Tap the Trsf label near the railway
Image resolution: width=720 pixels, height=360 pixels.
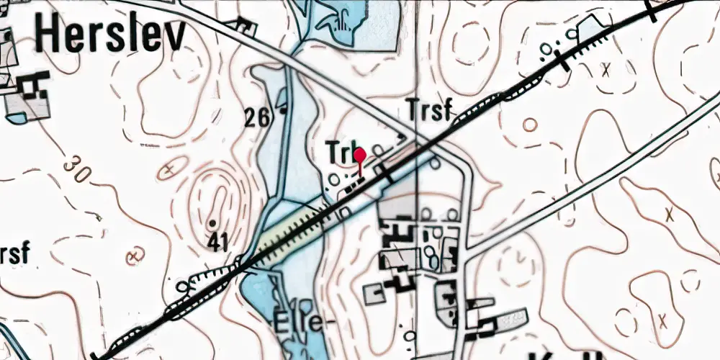(429, 110)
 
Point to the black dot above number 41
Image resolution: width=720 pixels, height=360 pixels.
(213, 222)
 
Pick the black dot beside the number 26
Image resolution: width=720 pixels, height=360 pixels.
(283, 111)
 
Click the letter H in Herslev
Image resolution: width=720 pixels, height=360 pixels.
(50, 35)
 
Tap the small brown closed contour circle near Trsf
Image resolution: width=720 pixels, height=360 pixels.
(529, 125)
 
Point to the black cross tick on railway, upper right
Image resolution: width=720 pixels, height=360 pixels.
(564, 62)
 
